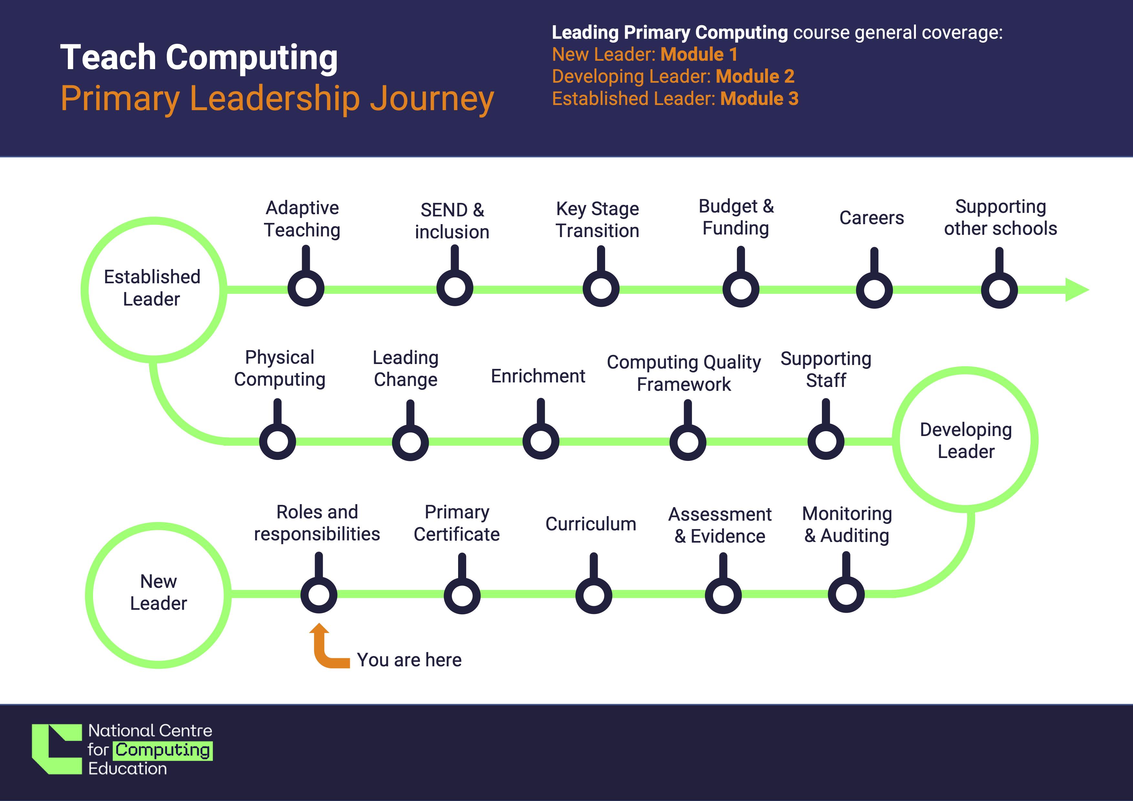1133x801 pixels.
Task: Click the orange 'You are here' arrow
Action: tap(326, 651)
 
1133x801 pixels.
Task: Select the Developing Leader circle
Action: tap(965, 440)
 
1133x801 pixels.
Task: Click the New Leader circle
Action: tap(158, 594)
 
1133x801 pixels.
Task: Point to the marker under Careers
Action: tap(874, 290)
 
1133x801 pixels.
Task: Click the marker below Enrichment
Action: tap(541, 441)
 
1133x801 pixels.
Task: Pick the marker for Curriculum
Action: tap(594, 595)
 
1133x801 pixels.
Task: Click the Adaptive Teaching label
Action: tap(302, 219)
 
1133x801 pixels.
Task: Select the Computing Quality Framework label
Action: tap(684, 373)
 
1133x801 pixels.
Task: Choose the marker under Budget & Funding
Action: tap(741, 289)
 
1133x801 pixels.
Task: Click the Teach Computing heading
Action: tap(199, 57)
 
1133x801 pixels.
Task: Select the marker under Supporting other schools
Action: tap(999, 290)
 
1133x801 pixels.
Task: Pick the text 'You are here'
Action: tap(409, 660)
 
